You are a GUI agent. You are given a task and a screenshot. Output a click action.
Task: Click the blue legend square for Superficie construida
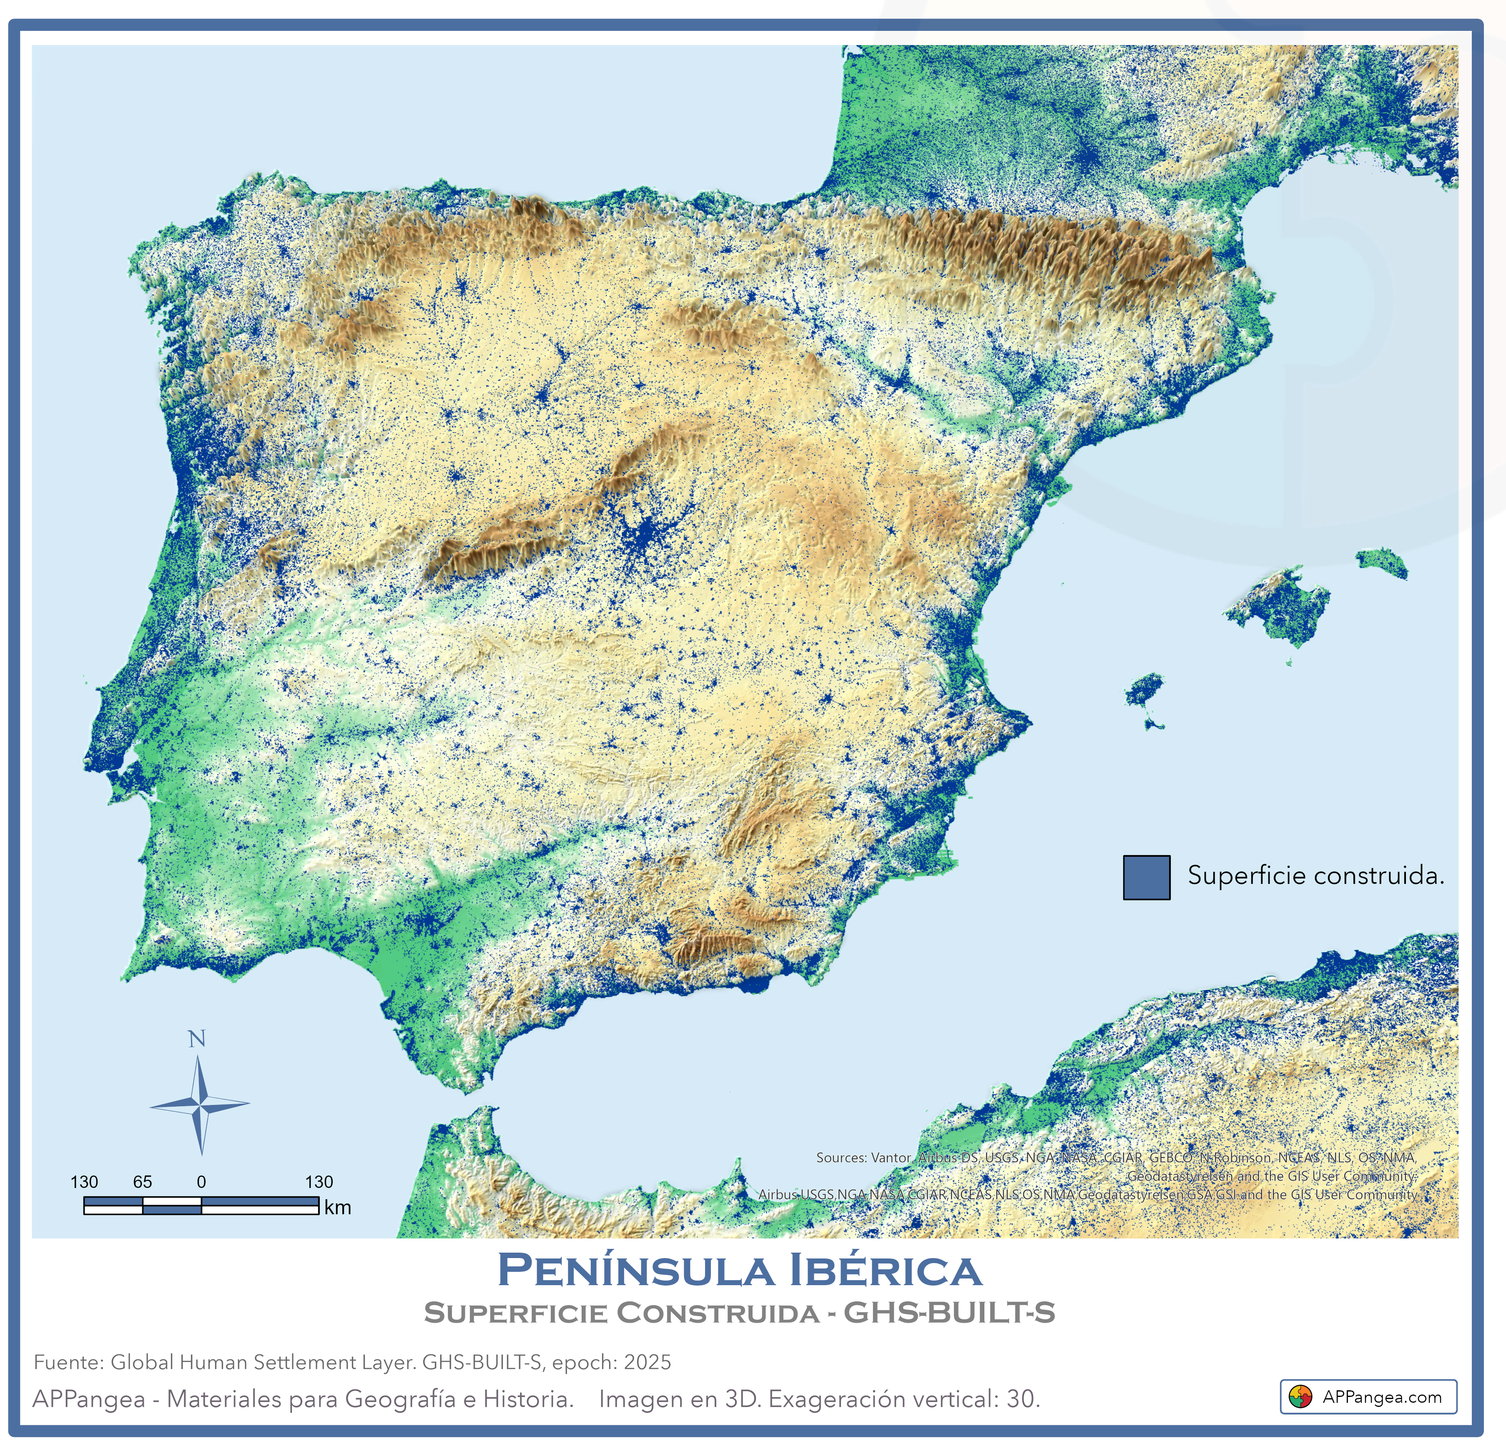[1147, 877]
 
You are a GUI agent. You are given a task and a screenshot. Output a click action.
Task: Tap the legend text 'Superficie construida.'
[1315, 876]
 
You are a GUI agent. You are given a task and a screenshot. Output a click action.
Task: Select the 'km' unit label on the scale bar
[337, 1208]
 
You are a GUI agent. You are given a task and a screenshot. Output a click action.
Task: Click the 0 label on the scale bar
[201, 1182]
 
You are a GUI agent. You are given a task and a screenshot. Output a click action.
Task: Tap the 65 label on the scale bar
[142, 1182]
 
